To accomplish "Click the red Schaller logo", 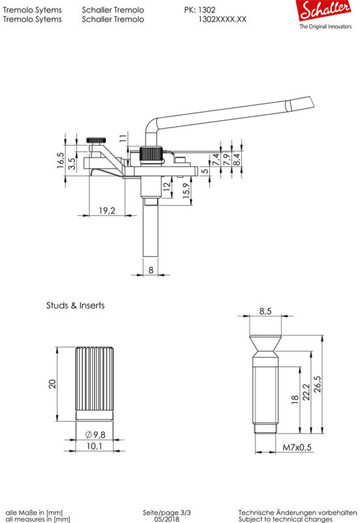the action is (323, 10).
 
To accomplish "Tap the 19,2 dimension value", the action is (107, 211).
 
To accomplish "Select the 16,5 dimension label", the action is (60, 160).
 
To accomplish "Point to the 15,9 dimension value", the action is (187, 191).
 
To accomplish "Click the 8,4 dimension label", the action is (237, 159).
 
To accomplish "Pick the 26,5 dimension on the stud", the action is (318, 384).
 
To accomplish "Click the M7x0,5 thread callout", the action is (297, 447).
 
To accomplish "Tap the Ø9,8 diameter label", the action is (95, 435).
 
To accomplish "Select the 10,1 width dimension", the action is (94, 446).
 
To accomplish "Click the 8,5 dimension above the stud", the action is (265, 311).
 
